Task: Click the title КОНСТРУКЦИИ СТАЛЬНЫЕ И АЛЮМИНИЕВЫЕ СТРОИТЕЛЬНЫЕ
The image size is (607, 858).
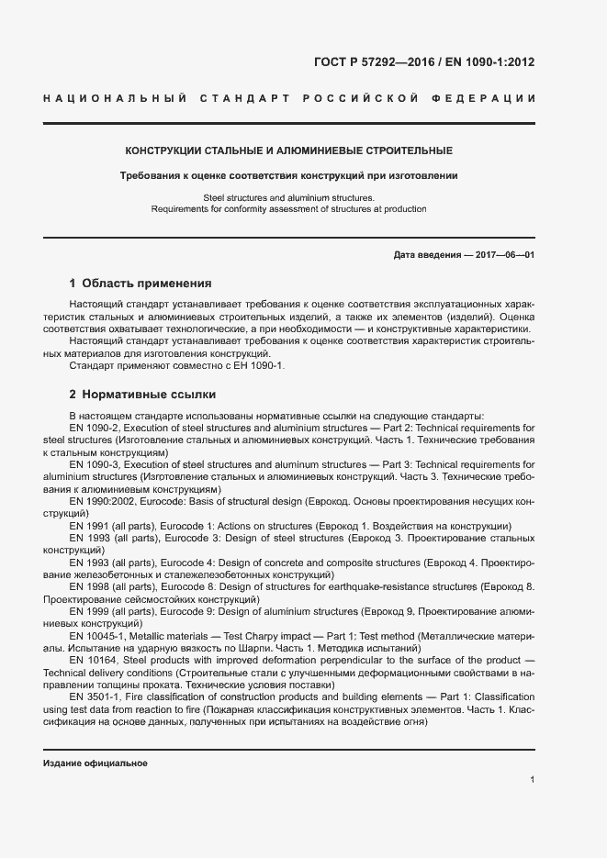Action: [x=288, y=150]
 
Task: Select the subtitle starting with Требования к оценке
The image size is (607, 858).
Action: [x=288, y=174]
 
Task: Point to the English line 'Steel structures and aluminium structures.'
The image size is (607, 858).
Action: [x=288, y=197]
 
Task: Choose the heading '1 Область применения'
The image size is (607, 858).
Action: [x=141, y=284]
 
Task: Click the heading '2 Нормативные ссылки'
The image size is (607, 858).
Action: [x=142, y=395]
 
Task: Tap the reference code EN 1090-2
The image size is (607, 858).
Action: [x=95, y=428]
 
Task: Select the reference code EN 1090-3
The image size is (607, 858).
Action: [x=95, y=465]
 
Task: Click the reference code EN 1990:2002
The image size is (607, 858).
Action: [x=101, y=502]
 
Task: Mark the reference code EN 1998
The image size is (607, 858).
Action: [x=90, y=586]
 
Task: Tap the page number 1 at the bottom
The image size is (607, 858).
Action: [x=532, y=780]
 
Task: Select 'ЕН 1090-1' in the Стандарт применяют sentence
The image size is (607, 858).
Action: [x=262, y=366]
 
